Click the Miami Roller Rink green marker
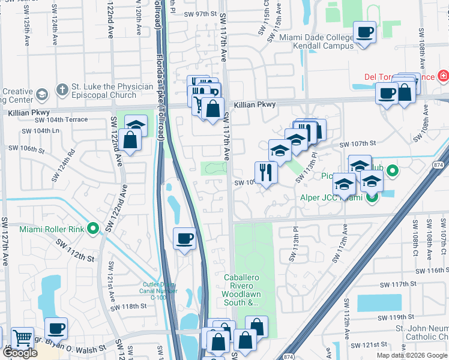[93, 228]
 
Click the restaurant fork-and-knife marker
[265, 172]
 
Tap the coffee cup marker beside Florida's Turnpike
[184, 239]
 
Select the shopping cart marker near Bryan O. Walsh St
[22, 338]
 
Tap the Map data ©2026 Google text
[411, 355]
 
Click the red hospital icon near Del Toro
[443, 76]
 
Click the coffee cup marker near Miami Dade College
[364, 32]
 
